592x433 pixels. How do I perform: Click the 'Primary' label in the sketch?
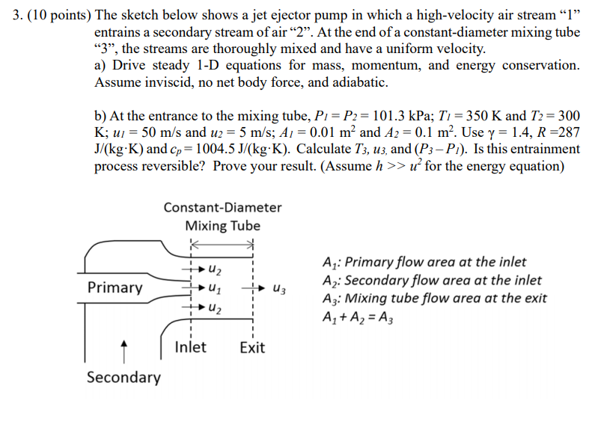(x=115, y=288)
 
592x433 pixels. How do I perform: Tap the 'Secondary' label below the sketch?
(x=123, y=378)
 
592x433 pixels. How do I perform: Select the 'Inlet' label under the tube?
(x=190, y=348)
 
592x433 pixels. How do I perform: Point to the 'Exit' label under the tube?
(x=252, y=348)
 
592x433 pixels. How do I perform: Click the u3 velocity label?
(x=279, y=288)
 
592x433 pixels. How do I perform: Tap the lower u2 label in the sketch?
(x=215, y=307)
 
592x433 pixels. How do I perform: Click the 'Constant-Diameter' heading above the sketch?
(x=223, y=207)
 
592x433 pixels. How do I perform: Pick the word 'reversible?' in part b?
(x=172, y=165)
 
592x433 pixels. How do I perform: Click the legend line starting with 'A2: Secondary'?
(x=433, y=280)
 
